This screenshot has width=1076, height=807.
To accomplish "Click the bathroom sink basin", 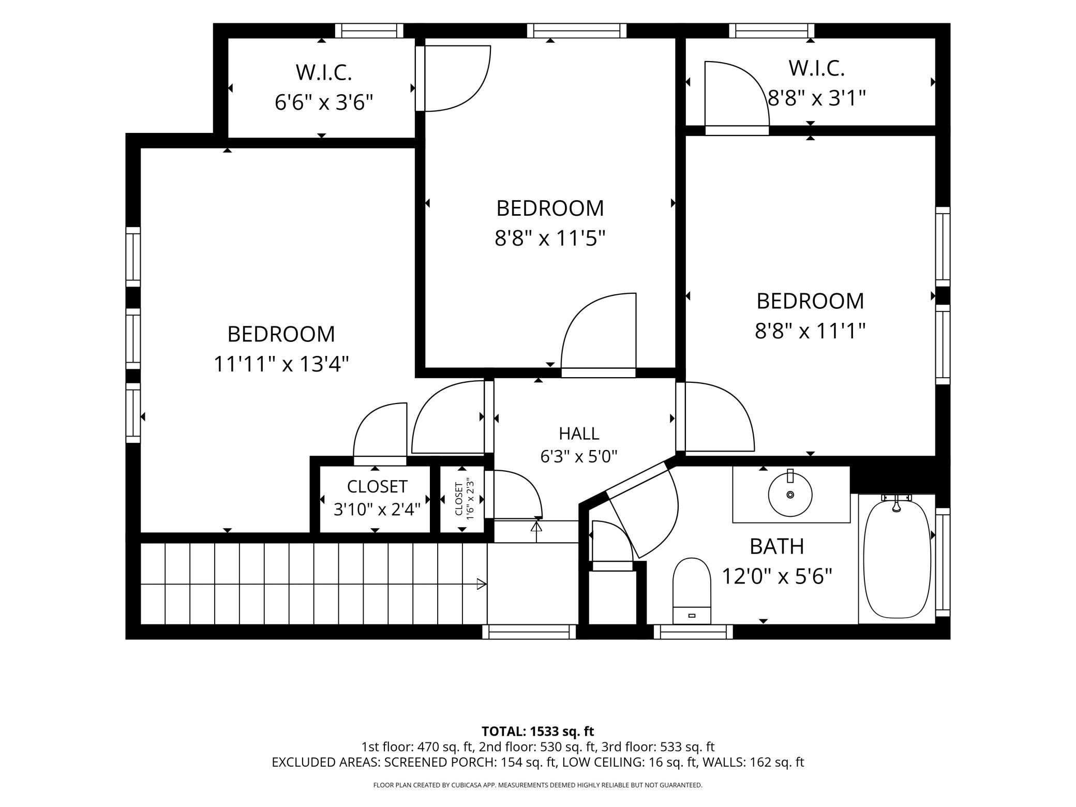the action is [790, 494].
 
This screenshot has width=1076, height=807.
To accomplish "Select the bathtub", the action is [897, 559].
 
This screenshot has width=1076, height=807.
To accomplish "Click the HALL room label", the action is [579, 433].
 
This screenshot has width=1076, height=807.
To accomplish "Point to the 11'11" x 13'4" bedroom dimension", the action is [281, 364].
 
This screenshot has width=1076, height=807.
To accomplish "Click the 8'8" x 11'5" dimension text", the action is [550, 238].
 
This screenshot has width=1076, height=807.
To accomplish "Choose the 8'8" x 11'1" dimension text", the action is [810, 330].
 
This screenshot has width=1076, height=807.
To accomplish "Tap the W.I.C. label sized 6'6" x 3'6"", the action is [324, 72].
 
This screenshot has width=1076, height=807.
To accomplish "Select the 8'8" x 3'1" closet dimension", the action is [817, 97].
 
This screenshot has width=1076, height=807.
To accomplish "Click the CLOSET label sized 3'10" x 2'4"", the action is [377, 486].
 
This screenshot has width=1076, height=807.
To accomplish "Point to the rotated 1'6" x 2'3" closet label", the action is [465, 499].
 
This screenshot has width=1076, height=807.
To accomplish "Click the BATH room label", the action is [777, 546].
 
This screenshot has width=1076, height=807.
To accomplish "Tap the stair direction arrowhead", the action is [482, 584].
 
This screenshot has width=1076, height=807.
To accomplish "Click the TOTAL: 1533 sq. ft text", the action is [538, 731].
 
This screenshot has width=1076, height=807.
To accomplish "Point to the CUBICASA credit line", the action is [538, 785].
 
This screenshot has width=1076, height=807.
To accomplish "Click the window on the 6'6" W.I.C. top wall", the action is [369, 31].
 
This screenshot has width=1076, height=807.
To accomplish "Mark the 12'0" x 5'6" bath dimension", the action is [777, 576].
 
